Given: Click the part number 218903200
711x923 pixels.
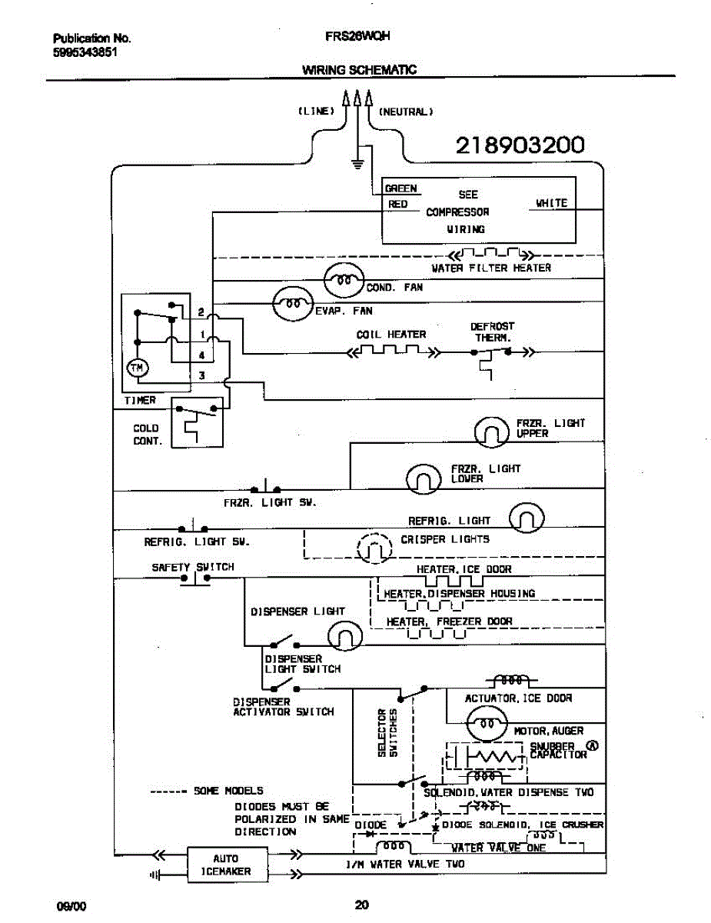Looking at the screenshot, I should click(520, 145).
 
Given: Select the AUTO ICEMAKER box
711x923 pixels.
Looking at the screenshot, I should click(225, 865).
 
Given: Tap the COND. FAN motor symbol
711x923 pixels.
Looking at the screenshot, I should click(344, 282).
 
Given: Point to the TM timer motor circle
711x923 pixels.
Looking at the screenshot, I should click(137, 369).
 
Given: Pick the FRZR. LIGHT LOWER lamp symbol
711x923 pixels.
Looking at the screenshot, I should click(424, 478).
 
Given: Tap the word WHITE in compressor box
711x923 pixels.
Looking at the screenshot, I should click(551, 203).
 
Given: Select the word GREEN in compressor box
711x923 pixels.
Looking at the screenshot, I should click(400, 188).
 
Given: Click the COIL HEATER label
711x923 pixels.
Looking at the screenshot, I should click(390, 335).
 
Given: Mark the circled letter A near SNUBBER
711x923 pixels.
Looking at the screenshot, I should click(593, 745).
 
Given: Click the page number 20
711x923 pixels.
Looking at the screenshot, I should click(363, 905).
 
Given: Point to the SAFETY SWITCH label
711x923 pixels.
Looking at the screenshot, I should click(193, 567).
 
